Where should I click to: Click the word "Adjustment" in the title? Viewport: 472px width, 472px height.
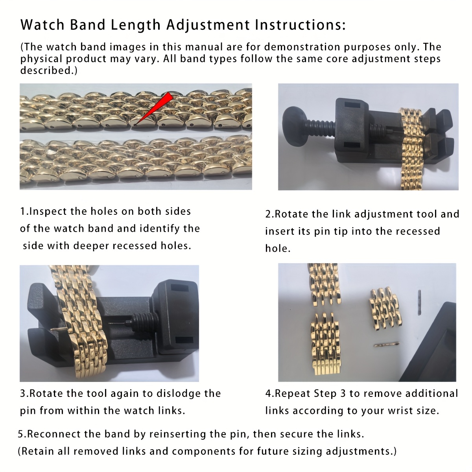(208, 25)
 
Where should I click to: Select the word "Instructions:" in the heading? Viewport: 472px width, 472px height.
(300, 24)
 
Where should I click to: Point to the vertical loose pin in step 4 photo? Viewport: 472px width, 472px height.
(419, 302)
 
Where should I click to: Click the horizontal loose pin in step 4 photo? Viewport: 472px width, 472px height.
(387, 345)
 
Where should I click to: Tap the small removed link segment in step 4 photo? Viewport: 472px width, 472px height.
(385, 310)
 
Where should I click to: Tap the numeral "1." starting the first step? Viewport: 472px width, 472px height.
(24, 211)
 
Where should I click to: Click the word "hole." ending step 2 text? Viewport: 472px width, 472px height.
(278, 248)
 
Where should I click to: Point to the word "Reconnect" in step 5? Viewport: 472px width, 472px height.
(54, 434)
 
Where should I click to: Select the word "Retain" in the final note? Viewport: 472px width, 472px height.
(38, 451)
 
